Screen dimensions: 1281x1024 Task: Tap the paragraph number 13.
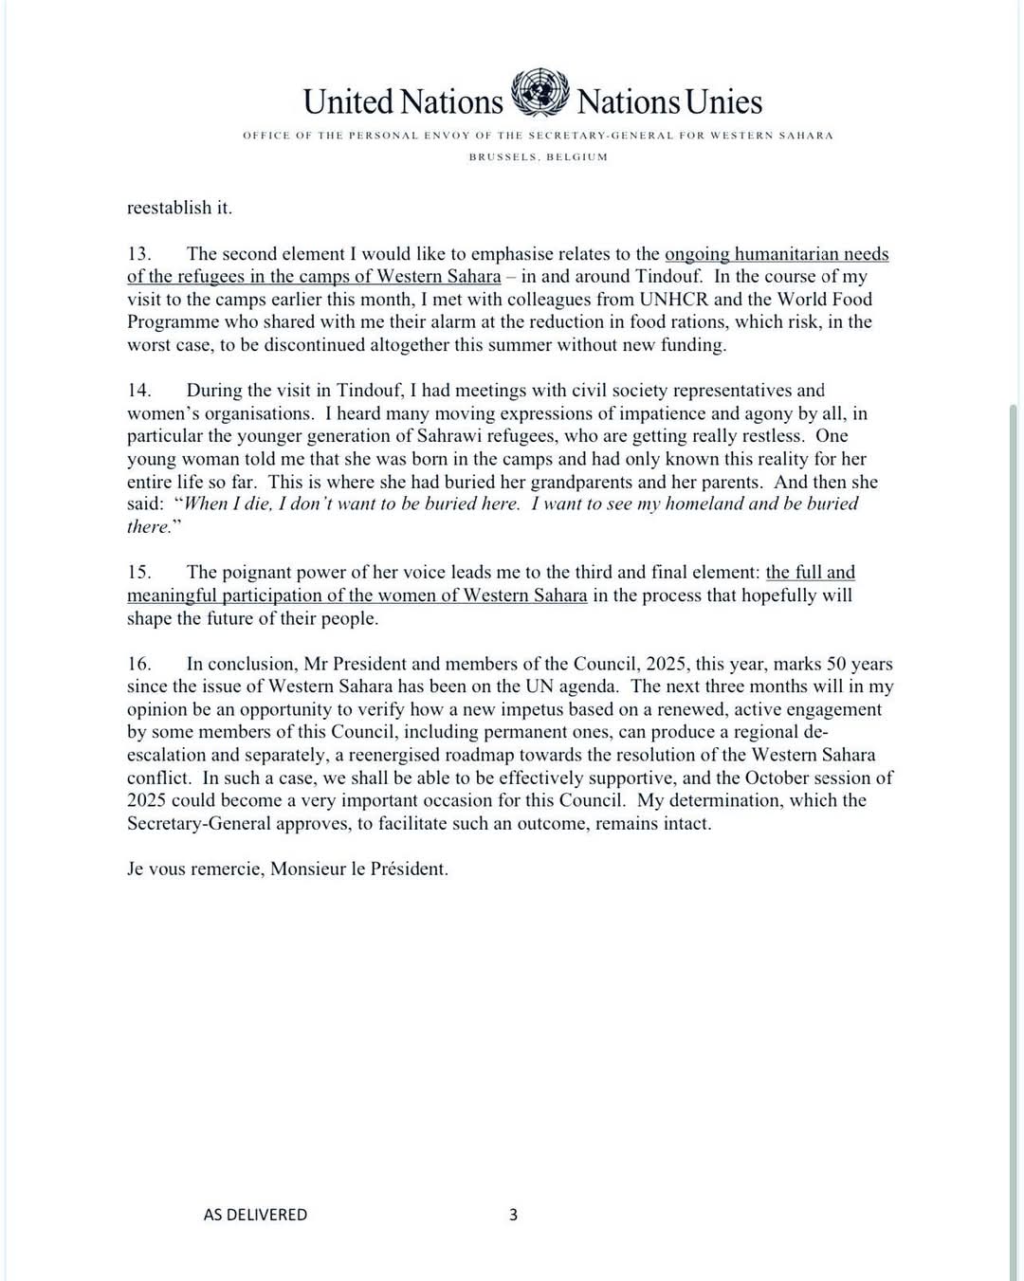[139, 254]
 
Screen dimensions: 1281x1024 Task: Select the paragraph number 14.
[139, 391]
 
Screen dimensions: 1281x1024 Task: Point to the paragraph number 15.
[139, 573]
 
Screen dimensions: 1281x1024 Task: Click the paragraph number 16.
[139, 664]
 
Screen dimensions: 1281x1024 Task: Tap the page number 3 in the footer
[514, 1214]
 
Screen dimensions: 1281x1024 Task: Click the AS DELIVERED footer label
[255, 1215]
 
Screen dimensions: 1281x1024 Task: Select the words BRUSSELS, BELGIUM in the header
[539, 156]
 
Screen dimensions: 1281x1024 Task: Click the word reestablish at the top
[167, 208]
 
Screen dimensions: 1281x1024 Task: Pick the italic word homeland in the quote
[704, 504]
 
